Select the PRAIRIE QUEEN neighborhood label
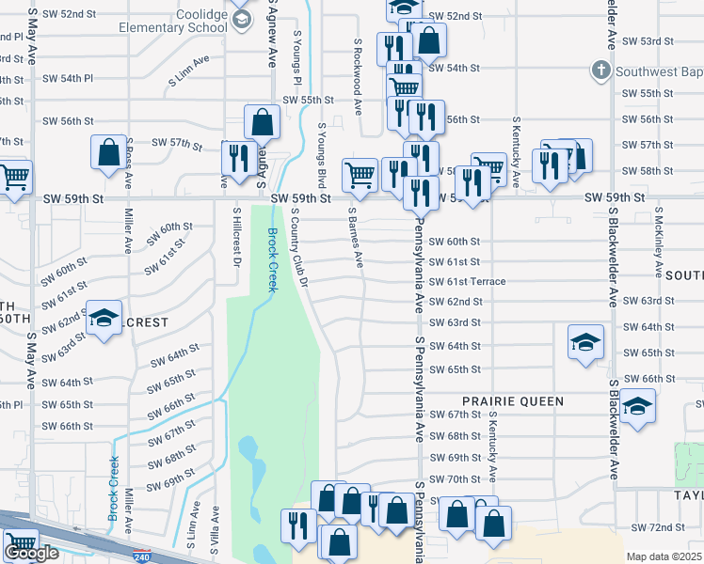513,401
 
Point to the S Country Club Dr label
300,249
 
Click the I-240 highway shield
142,556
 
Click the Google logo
31,553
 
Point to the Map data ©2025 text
664,556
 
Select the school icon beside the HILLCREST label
104,319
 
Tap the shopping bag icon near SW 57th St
109,152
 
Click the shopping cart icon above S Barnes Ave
360,174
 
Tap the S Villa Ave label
216,527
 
